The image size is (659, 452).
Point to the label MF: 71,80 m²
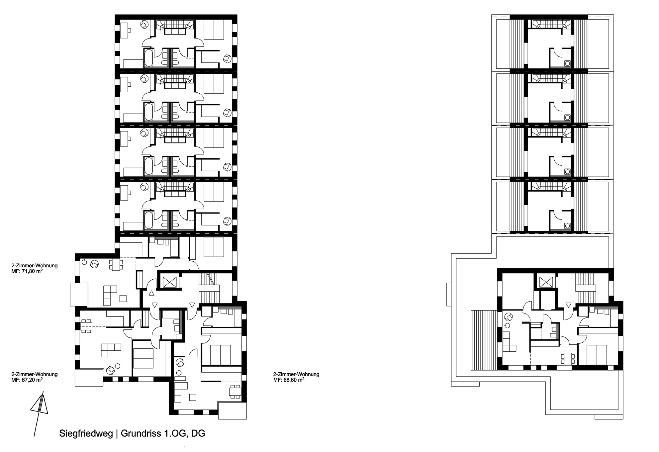27,271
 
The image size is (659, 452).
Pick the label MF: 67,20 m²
27,380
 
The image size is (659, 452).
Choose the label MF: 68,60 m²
289,380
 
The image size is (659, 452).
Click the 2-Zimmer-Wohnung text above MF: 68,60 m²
296,374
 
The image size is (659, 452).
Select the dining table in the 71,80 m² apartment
116,265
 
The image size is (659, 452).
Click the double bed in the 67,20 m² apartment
143,358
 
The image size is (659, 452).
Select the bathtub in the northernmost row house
148,58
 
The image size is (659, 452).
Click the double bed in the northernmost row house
214,30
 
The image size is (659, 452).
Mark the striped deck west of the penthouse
483,340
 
